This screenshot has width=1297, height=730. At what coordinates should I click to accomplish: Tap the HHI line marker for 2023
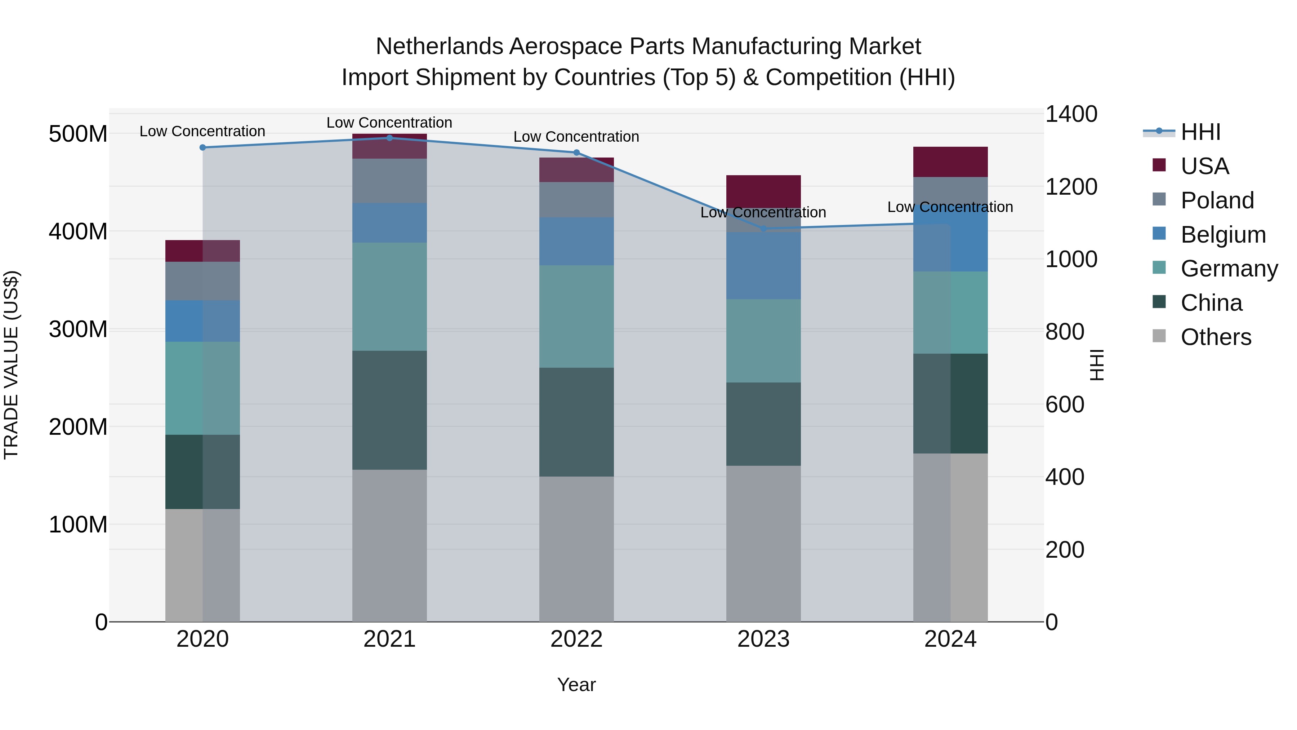763,229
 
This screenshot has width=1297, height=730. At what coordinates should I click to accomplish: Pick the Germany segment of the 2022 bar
576,317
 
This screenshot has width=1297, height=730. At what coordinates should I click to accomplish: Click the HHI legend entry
1200,132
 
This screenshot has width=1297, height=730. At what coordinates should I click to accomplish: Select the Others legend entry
1216,337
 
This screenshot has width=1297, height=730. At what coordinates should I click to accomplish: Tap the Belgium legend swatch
1159,234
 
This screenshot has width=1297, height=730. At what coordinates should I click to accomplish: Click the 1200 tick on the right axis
1071,187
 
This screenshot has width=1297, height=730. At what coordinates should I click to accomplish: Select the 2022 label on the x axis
576,639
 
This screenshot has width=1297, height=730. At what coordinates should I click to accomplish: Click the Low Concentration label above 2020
202,132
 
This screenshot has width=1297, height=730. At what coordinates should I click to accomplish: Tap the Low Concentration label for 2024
950,207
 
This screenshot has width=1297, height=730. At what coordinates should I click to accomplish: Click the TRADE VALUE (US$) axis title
11,365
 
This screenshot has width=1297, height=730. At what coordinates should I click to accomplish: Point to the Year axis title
576,685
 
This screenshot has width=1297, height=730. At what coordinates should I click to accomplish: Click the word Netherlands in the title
439,47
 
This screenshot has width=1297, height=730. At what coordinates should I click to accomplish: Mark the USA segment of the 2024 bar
950,162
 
